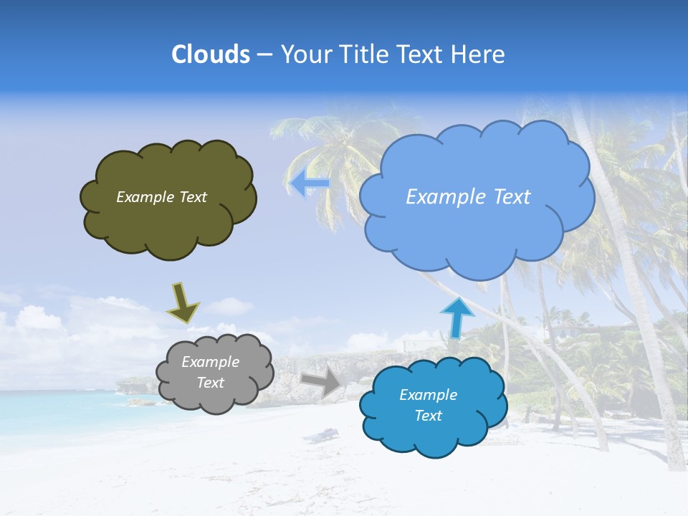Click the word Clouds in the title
tap(210, 54)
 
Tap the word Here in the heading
tap(479, 54)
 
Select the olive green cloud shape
tap(168, 222)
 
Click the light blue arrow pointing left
tap(310, 183)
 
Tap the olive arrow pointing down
tap(182, 302)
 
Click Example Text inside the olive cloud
tap(161, 197)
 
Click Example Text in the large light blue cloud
tap(468, 197)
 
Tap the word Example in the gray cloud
tap(210, 362)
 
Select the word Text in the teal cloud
tap(428, 416)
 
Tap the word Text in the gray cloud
tap(210, 383)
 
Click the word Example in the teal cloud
tap(428, 395)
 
